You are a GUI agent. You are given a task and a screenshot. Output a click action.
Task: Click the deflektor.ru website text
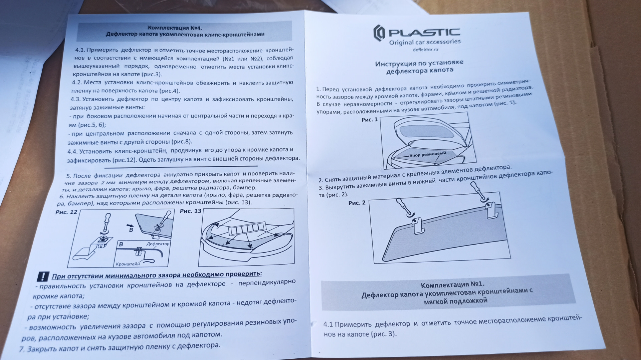click(425, 49)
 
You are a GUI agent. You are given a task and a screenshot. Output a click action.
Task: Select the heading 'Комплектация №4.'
click(175, 28)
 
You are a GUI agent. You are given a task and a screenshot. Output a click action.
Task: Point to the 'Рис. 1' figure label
click(370, 119)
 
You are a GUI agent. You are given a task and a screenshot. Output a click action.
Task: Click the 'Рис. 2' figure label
click(357, 203)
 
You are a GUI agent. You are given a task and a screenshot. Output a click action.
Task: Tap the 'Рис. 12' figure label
click(66, 212)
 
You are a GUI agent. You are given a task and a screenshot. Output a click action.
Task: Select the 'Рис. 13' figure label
click(191, 211)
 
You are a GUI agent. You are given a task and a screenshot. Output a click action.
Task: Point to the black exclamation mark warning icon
click(43, 277)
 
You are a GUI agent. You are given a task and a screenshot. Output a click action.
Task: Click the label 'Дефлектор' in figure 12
click(158, 244)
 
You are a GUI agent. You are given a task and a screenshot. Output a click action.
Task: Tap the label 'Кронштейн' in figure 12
click(128, 264)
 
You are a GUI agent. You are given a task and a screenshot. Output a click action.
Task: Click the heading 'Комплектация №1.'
click(452, 285)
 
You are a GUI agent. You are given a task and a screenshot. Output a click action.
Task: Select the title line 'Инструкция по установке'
click(419, 63)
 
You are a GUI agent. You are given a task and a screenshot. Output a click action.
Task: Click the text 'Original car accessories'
click(425, 42)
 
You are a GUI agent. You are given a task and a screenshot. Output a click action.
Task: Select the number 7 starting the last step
click(22, 349)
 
